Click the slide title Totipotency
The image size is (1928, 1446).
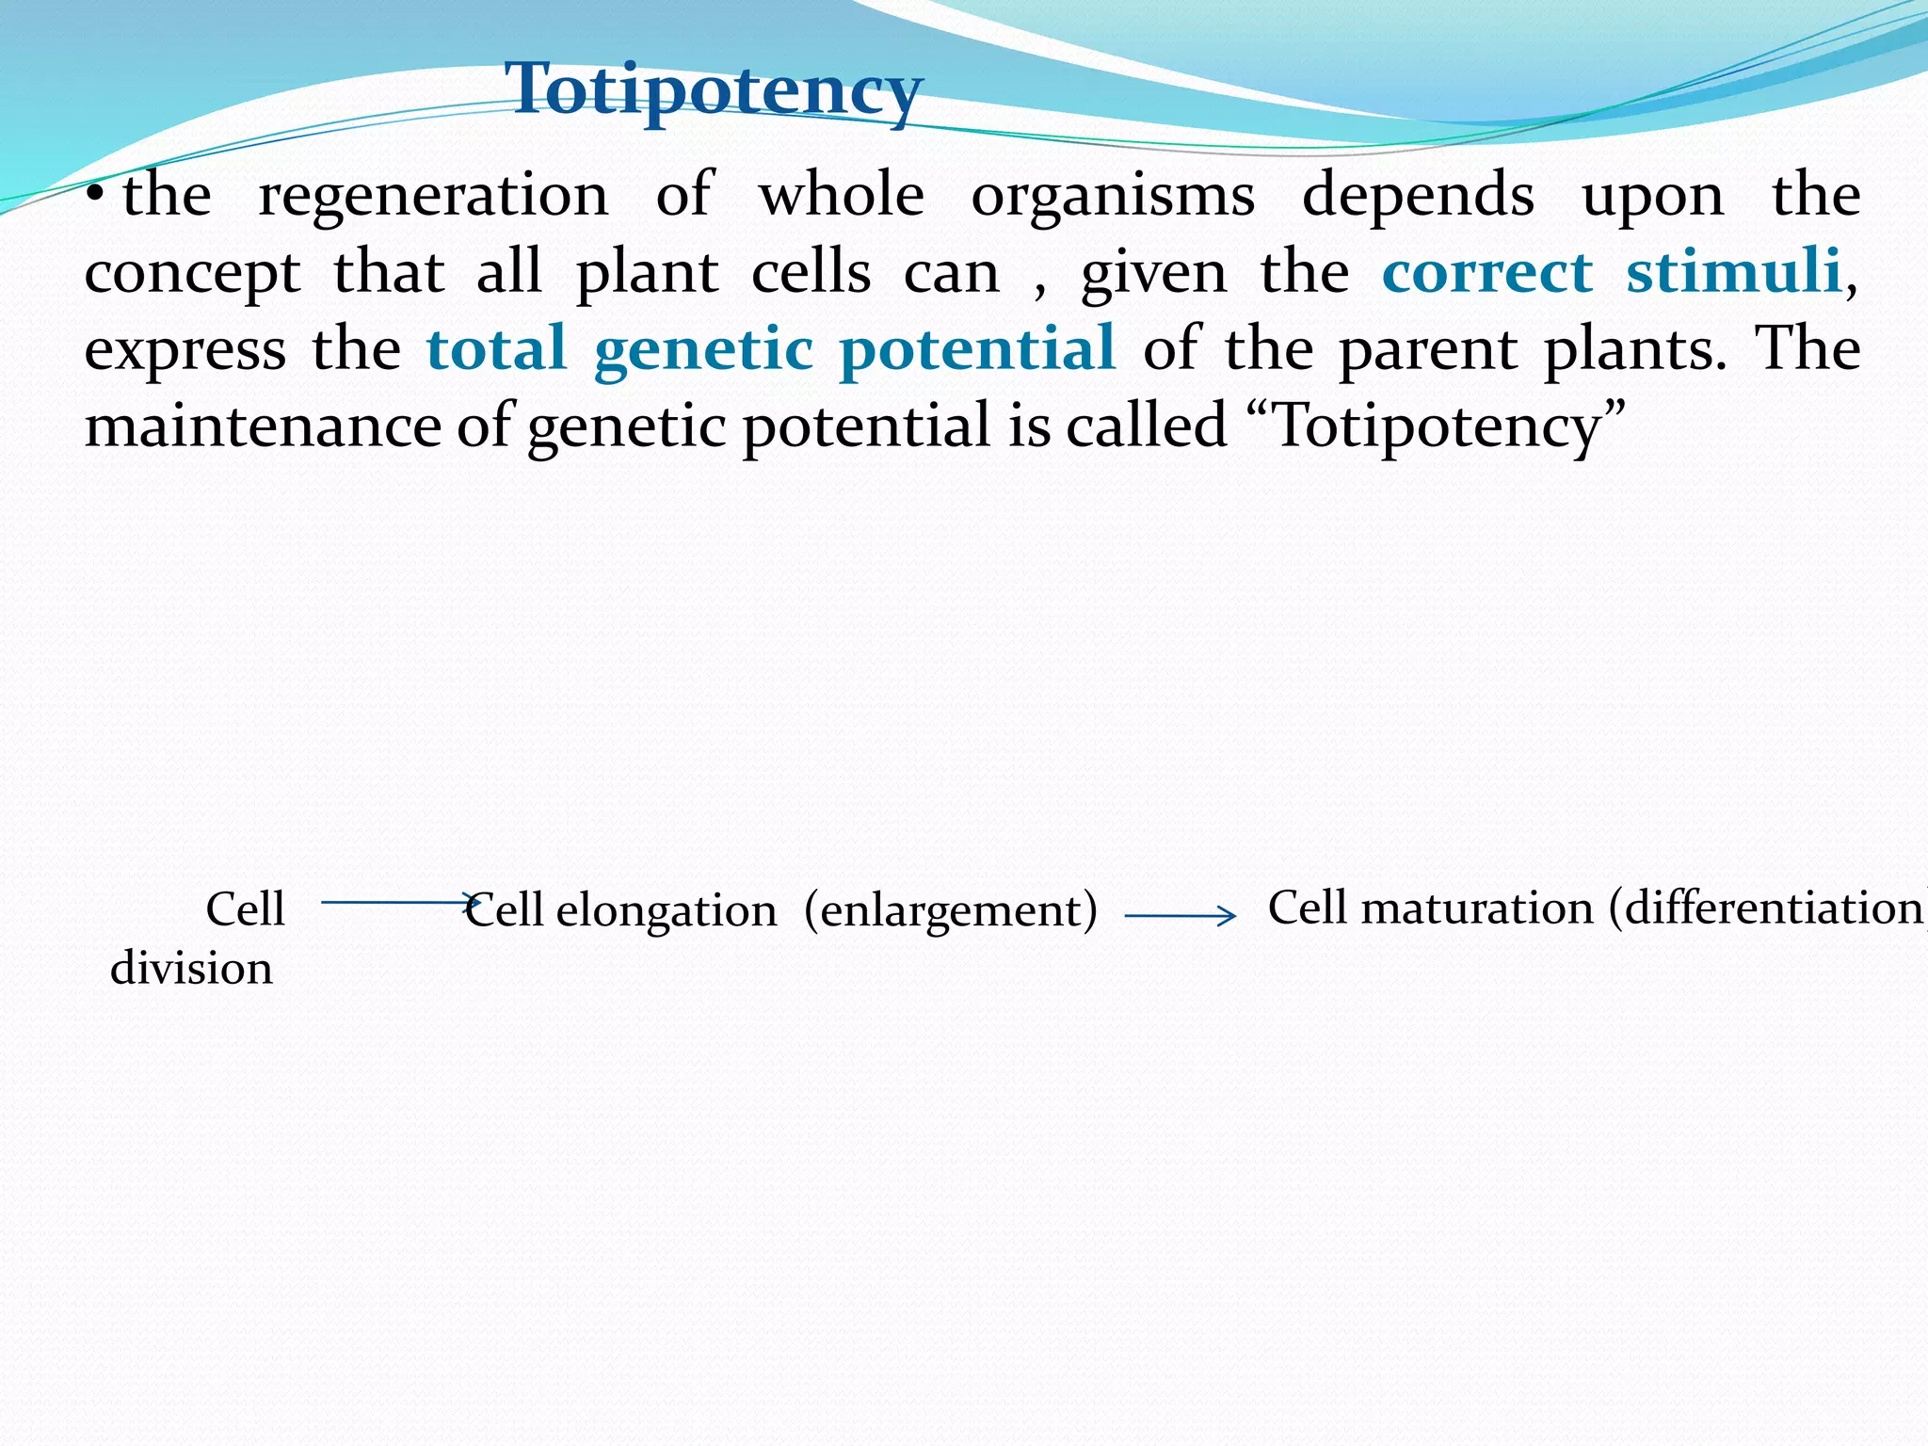(714, 90)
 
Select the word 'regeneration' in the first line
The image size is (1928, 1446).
(433, 196)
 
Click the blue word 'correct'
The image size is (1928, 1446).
(1487, 273)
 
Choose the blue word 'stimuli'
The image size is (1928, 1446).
(1733, 273)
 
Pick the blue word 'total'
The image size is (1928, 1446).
(496, 348)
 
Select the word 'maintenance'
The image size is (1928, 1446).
(263, 426)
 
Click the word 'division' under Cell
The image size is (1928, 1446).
(191, 968)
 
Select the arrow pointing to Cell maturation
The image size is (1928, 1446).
(1180, 915)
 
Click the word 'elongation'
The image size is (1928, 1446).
(666, 911)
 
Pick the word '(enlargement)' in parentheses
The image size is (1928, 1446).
(951, 911)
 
